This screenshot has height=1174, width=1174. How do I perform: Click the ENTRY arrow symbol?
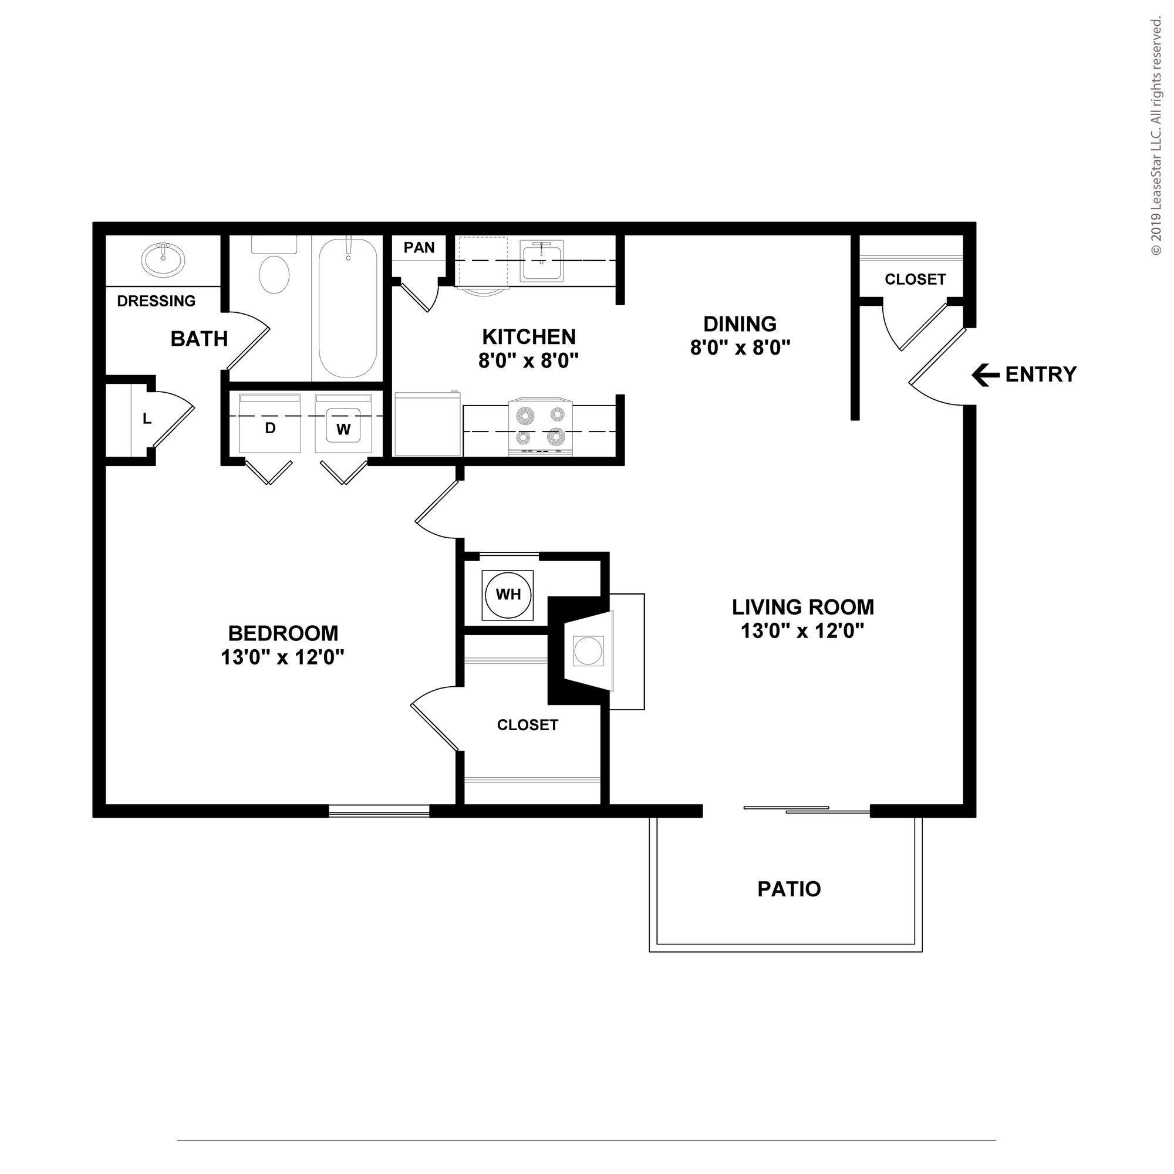click(986, 375)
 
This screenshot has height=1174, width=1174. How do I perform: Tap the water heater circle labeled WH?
click(508, 594)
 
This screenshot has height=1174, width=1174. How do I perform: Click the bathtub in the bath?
click(348, 309)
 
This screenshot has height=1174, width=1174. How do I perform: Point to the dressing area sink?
click(163, 259)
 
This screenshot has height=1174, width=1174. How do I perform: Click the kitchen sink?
click(541, 262)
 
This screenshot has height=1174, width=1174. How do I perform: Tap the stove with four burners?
click(539, 426)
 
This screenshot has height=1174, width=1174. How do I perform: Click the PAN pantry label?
click(419, 247)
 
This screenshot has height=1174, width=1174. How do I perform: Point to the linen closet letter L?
click(146, 419)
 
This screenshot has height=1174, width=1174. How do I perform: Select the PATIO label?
click(789, 889)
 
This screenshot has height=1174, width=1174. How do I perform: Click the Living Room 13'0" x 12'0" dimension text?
click(802, 632)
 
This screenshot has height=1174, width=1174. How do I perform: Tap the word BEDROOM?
click(282, 633)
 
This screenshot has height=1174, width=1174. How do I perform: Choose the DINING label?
click(740, 323)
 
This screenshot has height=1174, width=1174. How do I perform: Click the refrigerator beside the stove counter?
click(427, 424)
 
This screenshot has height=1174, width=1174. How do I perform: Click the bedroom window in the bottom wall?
click(379, 811)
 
